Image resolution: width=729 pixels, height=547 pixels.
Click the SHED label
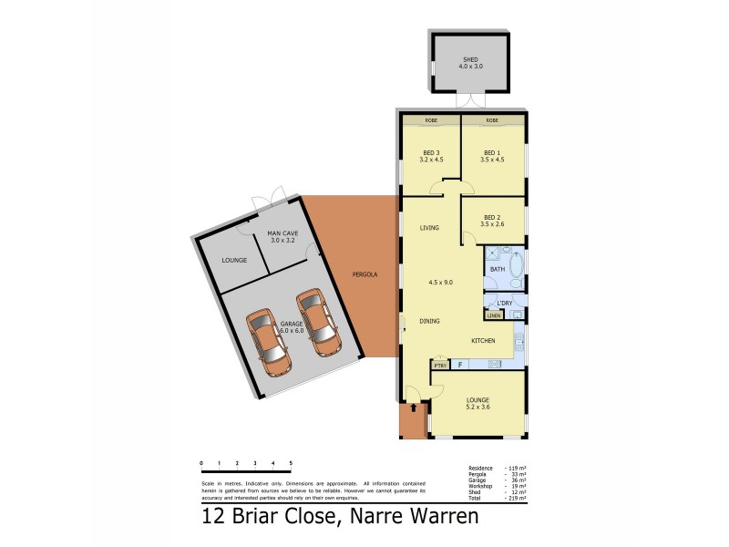pos(470,59)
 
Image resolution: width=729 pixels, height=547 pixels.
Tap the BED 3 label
pos(432,152)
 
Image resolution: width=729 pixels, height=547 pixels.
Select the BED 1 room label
pos(492,152)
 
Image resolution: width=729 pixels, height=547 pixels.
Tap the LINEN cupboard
pos(494,315)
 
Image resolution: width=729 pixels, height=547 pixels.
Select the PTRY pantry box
pos(441,366)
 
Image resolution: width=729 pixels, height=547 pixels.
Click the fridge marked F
pos(460,365)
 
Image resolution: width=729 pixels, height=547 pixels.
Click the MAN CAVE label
pos(281,236)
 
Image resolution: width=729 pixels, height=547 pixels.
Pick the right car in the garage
pos(315,322)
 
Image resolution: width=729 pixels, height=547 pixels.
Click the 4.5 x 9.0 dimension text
pos(442,282)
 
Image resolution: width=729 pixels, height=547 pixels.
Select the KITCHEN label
pos(483,340)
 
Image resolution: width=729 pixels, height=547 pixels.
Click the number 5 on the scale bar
pos(291,464)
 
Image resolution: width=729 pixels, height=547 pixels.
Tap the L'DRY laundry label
pos(504,302)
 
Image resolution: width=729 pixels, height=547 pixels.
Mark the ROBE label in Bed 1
pos(492,120)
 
